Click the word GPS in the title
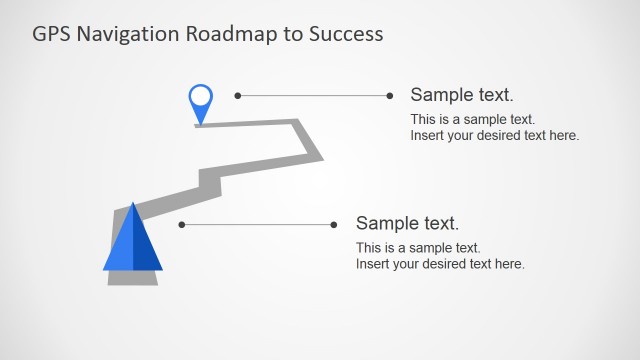(x=50, y=33)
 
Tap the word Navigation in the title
(x=123, y=33)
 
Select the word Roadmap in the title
(x=225, y=33)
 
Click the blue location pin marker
(x=201, y=102)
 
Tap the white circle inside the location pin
(x=201, y=97)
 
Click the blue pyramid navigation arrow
(x=132, y=243)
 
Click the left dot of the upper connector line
(x=238, y=96)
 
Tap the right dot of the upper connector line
(x=390, y=96)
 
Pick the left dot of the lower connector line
(x=182, y=225)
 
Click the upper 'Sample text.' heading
(x=462, y=95)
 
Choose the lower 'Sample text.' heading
(x=407, y=223)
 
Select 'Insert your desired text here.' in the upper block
(x=495, y=135)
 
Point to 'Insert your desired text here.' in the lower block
(x=440, y=264)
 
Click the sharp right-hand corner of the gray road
(x=322, y=158)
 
